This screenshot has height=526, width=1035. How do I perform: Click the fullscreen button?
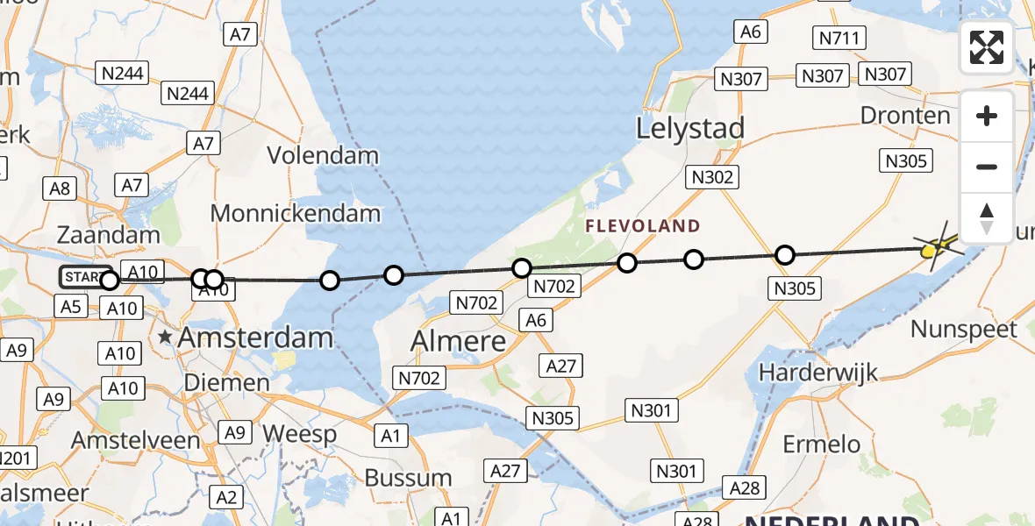pyautogui.click(x=987, y=47)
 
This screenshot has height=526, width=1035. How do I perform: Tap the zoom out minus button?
pyautogui.click(x=987, y=167)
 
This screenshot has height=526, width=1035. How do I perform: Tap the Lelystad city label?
pyautogui.click(x=689, y=129)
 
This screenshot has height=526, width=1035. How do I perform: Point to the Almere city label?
pyautogui.click(x=459, y=341)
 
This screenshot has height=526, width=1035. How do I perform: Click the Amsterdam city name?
pyautogui.click(x=255, y=338)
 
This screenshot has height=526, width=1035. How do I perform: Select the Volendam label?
pyautogui.click(x=323, y=156)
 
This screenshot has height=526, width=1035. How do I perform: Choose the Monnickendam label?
pyautogui.click(x=296, y=213)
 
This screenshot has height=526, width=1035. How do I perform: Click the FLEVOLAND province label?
pyautogui.click(x=644, y=226)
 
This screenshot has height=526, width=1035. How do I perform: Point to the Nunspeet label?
pyautogui.click(x=963, y=331)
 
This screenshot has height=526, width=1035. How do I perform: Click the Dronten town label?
pyautogui.click(x=905, y=116)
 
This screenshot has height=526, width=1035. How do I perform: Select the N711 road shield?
pyautogui.click(x=840, y=38)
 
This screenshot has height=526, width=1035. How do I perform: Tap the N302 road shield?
pyautogui.click(x=712, y=177)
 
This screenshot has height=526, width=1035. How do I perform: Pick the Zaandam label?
pyautogui.click(x=109, y=234)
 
